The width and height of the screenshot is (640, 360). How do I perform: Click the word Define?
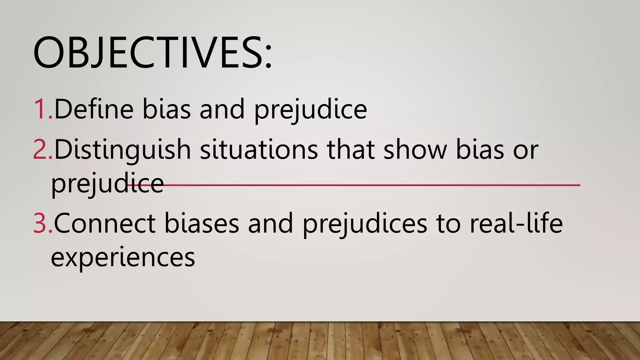[94, 109]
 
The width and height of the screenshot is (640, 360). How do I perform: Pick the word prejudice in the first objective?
[310, 110]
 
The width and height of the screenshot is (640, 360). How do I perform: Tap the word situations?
[259, 150]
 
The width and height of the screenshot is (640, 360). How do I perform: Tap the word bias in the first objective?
[167, 109]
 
